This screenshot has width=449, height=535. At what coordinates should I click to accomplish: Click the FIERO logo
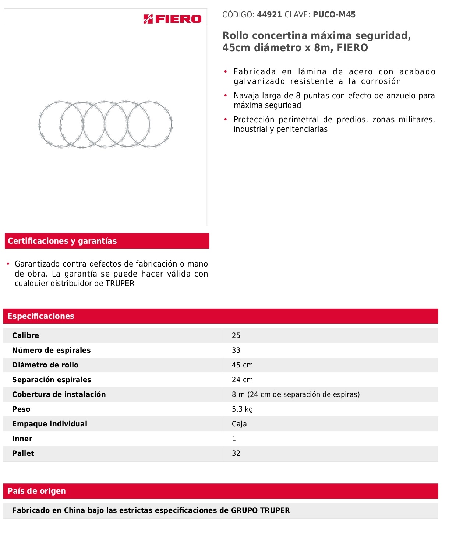pos(172,19)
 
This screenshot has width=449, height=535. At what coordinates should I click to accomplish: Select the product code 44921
pos(269,15)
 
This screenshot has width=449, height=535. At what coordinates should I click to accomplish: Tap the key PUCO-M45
pos(334,15)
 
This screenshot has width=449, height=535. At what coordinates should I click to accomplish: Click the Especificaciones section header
pos(41,316)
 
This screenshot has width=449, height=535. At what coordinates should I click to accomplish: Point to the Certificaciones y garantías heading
pos(62,241)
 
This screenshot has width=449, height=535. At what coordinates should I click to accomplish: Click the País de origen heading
pos(37,491)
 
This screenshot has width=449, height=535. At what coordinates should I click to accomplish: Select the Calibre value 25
pos(236,335)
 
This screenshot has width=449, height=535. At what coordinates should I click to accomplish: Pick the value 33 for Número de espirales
pos(236,350)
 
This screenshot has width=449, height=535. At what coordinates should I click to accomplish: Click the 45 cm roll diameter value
pos(242,365)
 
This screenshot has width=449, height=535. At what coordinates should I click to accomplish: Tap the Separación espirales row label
pos(52,380)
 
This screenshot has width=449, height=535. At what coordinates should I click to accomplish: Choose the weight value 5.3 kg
pos(242,409)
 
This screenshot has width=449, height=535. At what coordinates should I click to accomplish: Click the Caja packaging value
pos(239,424)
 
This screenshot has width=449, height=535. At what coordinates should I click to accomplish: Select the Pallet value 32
pos(236,453)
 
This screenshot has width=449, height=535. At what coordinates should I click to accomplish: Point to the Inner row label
pos(22,439)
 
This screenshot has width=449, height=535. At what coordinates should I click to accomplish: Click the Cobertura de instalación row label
pos(59,394)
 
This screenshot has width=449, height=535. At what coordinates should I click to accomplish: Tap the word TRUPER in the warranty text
pos(120,284)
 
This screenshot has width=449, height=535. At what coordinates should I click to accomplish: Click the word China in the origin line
pos(75,510)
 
